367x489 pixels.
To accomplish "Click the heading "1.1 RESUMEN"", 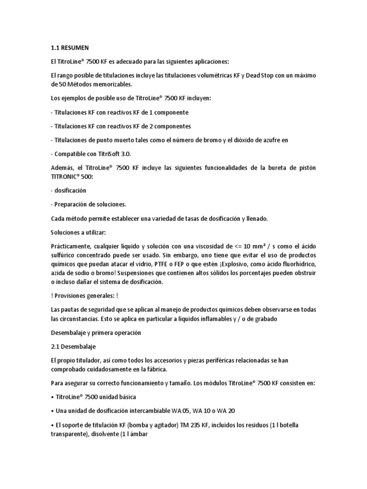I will [x=69, y=48].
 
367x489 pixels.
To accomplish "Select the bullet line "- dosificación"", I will [x=68, y=190].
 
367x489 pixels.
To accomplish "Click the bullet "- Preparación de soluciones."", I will [x=88, y=204].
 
